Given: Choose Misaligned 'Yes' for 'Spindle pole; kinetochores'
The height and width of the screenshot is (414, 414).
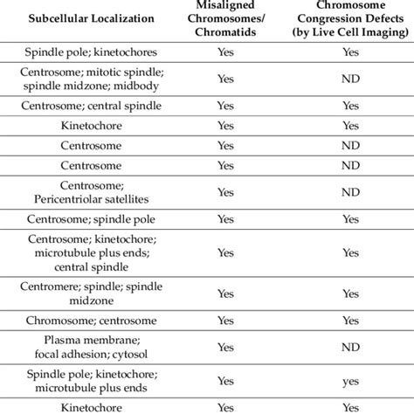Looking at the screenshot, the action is [x=225, y=52].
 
